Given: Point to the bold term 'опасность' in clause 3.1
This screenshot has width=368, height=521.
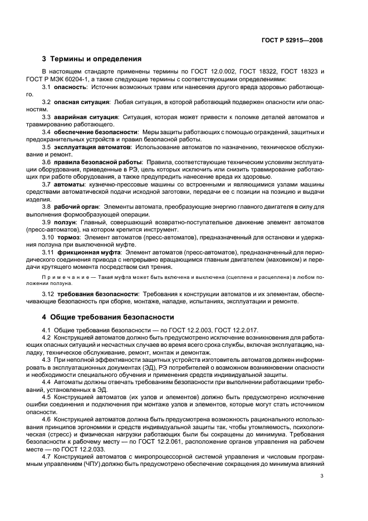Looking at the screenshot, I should tap(71, 88).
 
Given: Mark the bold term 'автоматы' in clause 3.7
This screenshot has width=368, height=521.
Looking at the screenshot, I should tap(70, 183).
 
